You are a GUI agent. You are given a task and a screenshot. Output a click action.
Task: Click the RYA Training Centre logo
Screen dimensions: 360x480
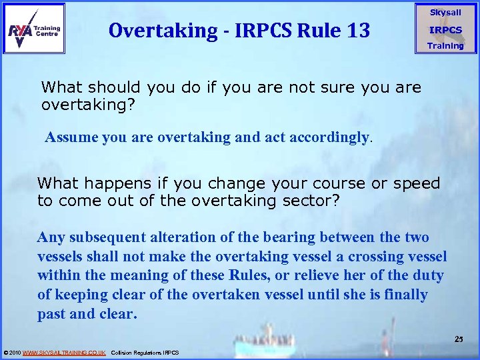tap(34, 29)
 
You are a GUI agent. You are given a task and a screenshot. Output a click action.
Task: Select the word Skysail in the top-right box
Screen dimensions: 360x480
tap(445, 13)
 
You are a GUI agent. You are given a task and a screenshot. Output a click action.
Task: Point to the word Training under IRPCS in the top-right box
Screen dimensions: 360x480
tap(445, 46)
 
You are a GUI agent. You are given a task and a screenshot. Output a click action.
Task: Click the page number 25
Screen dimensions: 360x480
tap(459, 340)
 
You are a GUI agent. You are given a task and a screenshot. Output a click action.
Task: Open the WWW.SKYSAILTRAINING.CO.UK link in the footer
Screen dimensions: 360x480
tap(64, 353)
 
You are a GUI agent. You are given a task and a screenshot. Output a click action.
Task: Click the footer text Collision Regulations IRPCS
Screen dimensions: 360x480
tap(145, 353)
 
